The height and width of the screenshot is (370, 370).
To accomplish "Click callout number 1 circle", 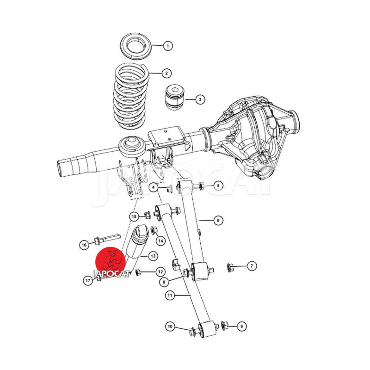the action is point(168,46).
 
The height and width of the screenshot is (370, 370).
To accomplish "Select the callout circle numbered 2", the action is point(166,73).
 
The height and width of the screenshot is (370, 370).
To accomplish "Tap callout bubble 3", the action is point(200,99).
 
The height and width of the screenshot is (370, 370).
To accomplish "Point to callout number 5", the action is point(218,186).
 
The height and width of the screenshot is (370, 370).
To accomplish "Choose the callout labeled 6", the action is point(218,221).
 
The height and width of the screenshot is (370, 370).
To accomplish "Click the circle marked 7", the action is point(252,266).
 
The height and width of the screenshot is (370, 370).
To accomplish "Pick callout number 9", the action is point(241,327).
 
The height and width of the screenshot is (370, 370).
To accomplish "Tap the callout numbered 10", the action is point(170,327).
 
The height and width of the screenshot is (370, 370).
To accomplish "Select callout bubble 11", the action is point(170,295).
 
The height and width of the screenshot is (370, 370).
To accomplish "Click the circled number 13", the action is point(153,256).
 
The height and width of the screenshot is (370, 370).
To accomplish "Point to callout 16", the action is point(84,245).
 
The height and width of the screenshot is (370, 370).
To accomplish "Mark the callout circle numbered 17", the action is point(88,281).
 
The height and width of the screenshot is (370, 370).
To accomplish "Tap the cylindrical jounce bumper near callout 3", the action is point(175,97).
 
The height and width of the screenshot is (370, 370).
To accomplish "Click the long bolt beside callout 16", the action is point(107,239).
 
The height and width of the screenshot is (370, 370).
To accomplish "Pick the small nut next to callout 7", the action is point(229,267).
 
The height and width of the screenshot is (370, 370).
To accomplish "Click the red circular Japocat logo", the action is point(111,262).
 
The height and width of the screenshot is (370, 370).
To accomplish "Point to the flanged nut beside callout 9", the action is point(224,326).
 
